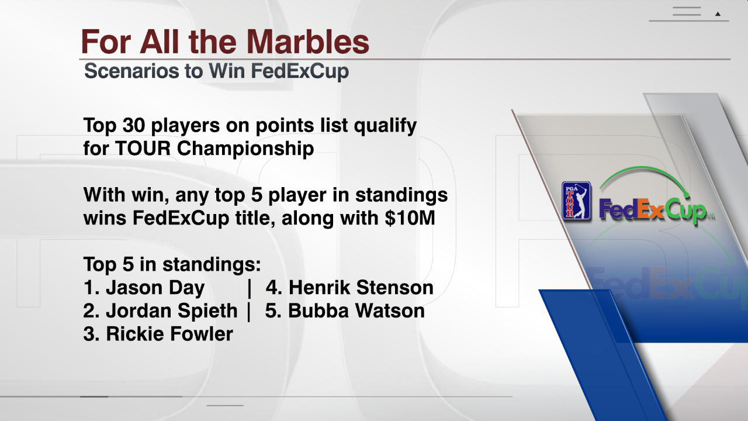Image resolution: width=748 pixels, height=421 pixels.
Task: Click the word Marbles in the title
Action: [x=307, y=42]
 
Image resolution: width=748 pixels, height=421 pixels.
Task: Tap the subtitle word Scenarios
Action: [x=131, y=71]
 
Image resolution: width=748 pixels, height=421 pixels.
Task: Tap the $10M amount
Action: [x=410, y=218]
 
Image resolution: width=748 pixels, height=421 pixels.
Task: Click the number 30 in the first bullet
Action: [x=134, y=125]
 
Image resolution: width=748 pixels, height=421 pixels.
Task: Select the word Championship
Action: [x=245, y=149]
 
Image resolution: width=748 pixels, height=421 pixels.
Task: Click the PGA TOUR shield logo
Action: [x=576, y=201]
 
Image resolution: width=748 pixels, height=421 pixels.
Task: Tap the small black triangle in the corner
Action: [x=718, y=14]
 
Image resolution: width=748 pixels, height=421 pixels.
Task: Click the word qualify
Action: [x=385, y=126]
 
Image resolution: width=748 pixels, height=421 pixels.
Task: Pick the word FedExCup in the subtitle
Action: [x=300, y=71]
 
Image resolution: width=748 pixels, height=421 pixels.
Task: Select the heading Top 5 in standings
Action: [x=172, y=265]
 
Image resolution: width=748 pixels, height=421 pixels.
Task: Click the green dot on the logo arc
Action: [x=687, y=195]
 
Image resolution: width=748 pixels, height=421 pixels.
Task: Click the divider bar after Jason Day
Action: [x=250, y=288]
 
